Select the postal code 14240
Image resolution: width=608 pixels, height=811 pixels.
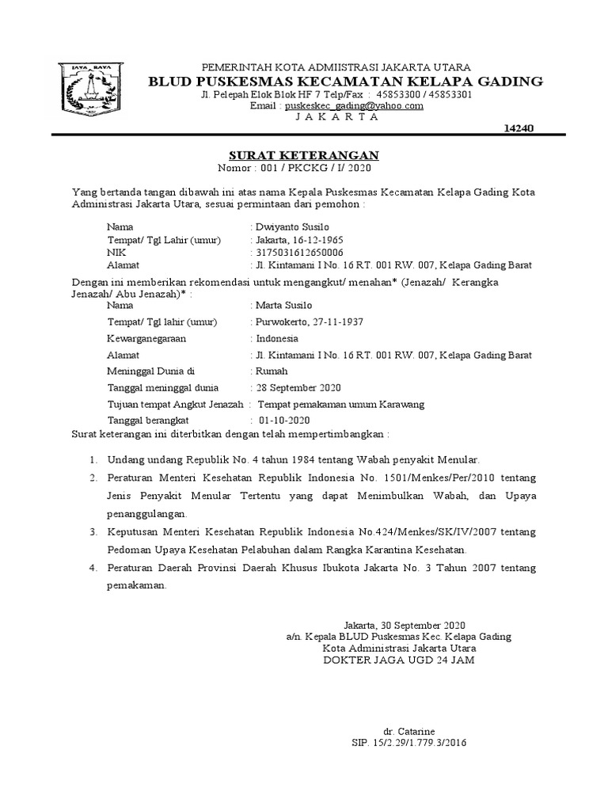pos(519,128)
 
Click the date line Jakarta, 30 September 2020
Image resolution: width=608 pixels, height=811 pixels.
pos(405,624)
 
